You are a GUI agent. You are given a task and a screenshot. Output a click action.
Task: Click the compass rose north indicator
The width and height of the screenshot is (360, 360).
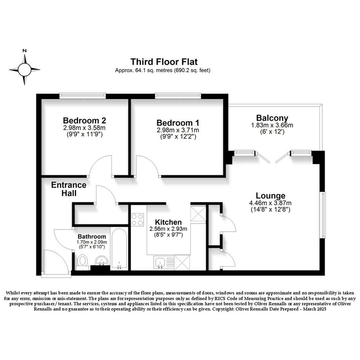pos(24,51)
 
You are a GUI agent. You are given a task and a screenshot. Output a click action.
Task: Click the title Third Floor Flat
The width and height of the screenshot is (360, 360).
pos(164,62)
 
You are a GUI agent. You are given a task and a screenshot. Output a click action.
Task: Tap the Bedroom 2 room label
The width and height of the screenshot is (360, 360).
pos(85,120)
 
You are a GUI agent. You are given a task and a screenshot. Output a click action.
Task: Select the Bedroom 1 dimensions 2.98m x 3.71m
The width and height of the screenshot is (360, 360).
pos(178,130)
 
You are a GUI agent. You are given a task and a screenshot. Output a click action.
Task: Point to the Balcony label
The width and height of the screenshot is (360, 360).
pos(272,118)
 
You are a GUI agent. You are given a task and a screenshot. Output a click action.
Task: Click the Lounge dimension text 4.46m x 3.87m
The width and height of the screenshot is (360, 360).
pos(270,203)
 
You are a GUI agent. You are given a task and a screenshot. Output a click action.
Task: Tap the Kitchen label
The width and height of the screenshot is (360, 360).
pos(168,222)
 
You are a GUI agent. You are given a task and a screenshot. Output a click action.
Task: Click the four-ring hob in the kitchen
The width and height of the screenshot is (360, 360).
pos(137,220)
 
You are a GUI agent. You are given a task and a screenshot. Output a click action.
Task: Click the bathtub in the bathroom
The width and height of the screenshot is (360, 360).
pos(119,249)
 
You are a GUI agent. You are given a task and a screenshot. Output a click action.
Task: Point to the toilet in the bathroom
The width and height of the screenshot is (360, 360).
pos(82,262)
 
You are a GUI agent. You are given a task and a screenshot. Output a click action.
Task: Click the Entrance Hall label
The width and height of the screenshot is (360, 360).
pos(69,189)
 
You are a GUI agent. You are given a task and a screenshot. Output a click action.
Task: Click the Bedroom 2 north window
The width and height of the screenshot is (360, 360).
pos(83,96)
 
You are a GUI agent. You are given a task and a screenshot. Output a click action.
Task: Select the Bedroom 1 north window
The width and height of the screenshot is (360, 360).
pos(178,96)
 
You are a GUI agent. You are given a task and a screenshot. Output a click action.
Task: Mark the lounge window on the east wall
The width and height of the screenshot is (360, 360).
pos(323,215)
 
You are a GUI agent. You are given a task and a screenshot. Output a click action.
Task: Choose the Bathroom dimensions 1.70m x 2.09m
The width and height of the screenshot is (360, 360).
pos(92,242)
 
